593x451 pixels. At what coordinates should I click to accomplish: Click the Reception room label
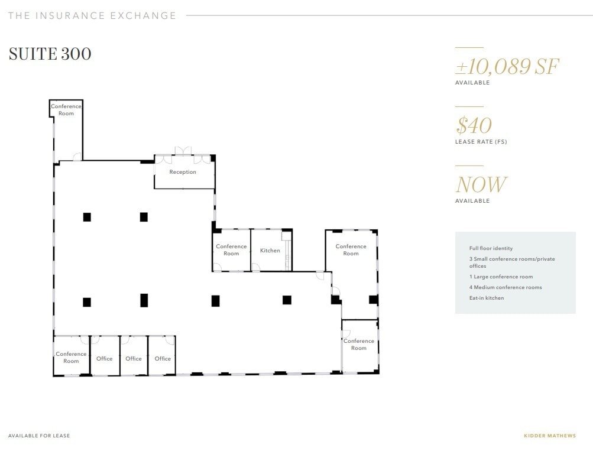183,172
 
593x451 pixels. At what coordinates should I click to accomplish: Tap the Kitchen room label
270,251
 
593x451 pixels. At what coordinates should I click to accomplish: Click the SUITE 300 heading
50,54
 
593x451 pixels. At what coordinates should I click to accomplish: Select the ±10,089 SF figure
507,66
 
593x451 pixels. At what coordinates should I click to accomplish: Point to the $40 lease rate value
474,125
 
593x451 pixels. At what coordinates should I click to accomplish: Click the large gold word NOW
481,185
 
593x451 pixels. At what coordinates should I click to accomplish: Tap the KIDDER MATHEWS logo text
550,436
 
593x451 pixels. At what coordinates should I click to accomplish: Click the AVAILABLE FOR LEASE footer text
39,436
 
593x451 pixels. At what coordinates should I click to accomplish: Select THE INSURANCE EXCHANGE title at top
92,16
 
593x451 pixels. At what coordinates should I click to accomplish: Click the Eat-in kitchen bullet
487,298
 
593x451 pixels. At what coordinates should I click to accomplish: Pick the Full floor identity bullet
491,248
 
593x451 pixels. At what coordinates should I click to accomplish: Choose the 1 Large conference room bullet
501,277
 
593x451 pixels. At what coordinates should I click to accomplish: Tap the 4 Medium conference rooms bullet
505,287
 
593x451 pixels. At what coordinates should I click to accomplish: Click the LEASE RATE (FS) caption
481,142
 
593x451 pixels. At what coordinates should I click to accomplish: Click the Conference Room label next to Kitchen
231,250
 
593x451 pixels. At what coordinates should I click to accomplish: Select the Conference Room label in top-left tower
66,110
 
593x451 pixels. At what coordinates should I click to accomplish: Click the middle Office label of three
134,359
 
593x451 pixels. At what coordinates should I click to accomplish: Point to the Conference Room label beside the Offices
71,358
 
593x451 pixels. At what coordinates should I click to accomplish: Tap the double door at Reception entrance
183,151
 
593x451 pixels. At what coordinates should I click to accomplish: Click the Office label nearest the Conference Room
105,359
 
